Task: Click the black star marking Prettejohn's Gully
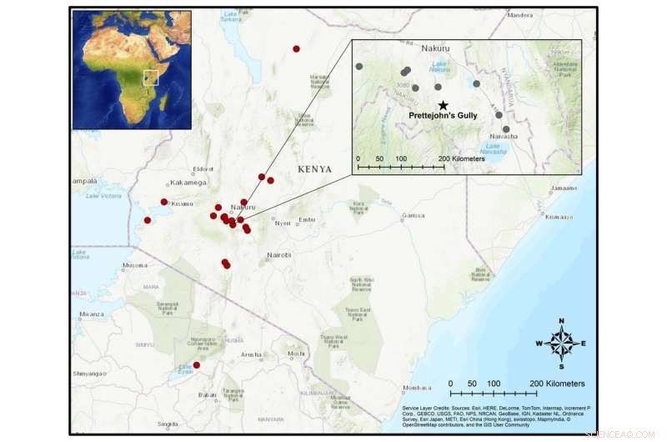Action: pyautogui.click(x=443, y=105)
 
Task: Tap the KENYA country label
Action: pyautogui.click(x=315, y=169)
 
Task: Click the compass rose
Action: pyautogui.click(x=561, y=343)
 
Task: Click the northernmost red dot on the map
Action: pyautogui.click(x=296, y=49)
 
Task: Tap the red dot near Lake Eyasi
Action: pyautogui.click(x=197, y=365)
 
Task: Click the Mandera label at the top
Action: pyautogui.click(x=519, y=15)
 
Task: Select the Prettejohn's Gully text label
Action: pyautogui.click(x=443, y=116)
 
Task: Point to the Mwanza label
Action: pyautogui.click(x=92, y=314)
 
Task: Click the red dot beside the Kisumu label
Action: pyautogui.click(x=164, y=202)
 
